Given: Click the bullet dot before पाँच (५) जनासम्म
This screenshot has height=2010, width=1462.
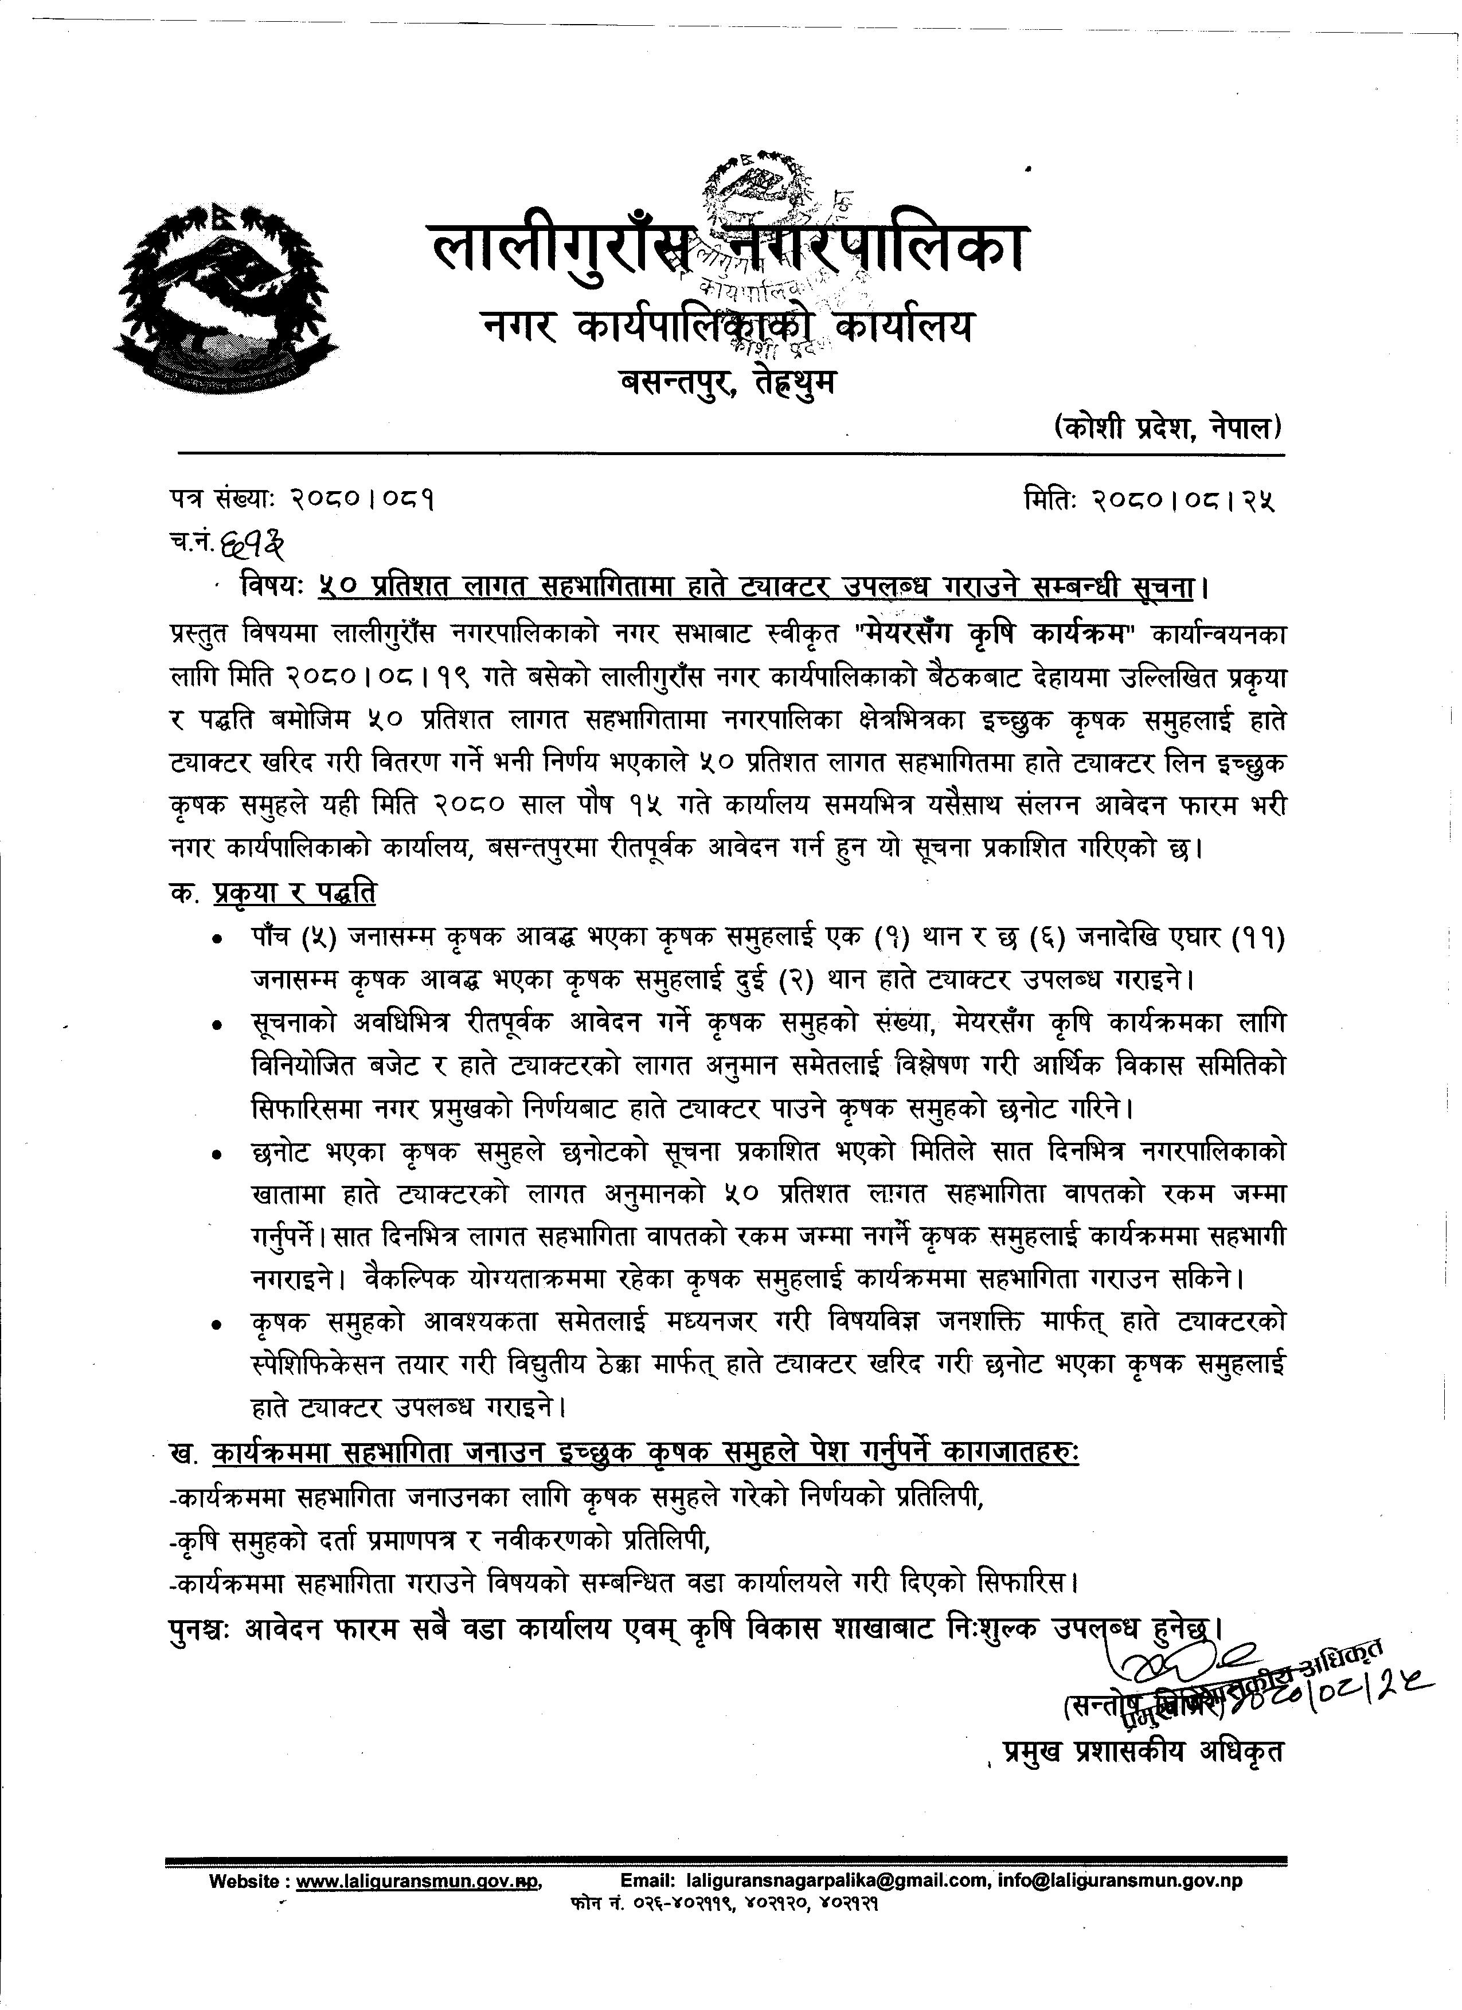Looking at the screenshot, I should tap(216, 941).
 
